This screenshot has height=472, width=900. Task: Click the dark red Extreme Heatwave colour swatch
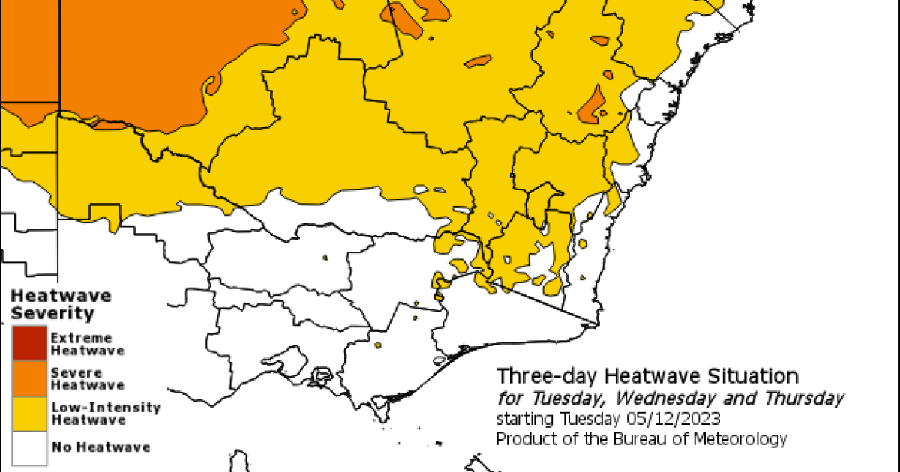click(x=29, y=344)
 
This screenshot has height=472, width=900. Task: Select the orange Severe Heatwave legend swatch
click(x=29, y=378)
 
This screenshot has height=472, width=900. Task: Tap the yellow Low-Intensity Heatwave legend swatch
click(x=29, y=413)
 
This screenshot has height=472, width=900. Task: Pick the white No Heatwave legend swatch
click(x=29, y=447)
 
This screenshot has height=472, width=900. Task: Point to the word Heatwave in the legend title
click(x=61, y=294)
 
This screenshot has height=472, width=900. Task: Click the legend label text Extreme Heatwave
click(x=86, y=344)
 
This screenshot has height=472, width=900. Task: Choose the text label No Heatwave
click(x=100, y=447)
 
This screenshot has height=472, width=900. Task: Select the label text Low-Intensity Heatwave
click(x=105, y=413)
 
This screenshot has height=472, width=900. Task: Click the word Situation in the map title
click(x=760, y=375)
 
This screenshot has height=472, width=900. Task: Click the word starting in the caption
click(x=524, y=418)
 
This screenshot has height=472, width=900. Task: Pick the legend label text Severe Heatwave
click(x=86, y=378)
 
